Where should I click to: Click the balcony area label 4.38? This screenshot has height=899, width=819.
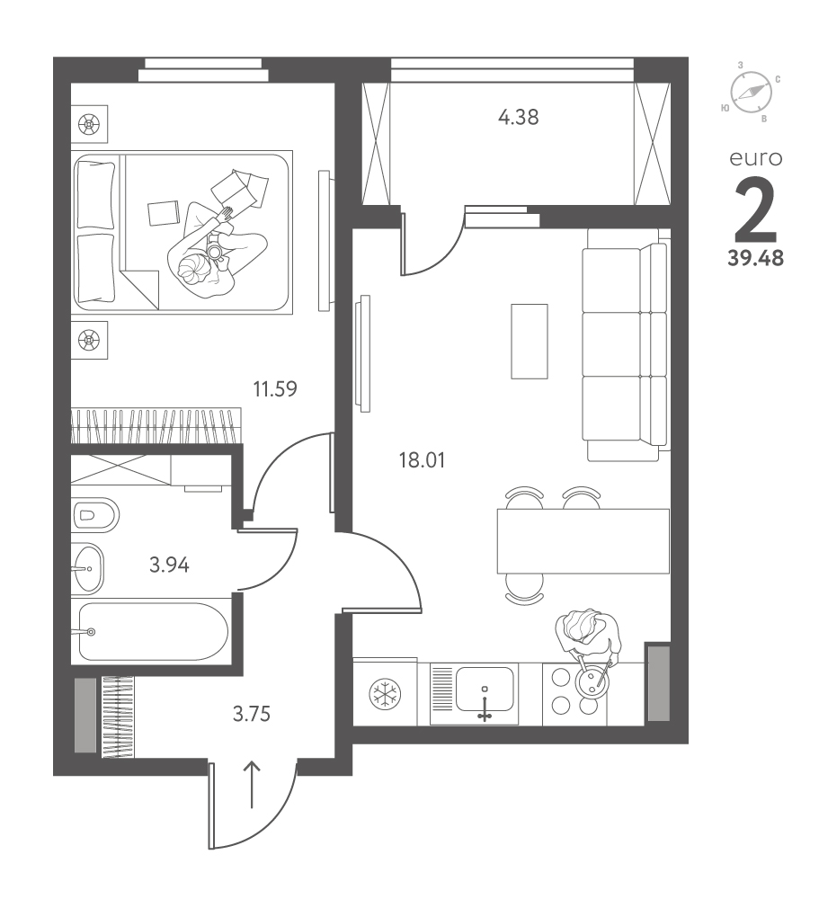tap(519, 118)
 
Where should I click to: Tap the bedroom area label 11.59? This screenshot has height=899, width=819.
tap(275, 389)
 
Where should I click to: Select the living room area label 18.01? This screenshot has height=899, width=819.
tap(423, 460)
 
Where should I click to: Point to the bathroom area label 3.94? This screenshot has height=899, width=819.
tap(169, 565)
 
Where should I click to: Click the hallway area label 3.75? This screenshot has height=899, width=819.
tap(251, 715)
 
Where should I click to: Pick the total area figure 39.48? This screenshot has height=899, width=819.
tap(755, 259)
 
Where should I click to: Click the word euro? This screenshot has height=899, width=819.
tap(756, 158)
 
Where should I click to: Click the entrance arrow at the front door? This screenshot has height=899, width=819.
tap(252, 785)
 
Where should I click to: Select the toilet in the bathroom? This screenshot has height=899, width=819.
tap(96, 515)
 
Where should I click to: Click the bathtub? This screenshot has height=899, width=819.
tap(153, 631)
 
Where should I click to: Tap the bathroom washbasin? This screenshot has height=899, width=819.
tap(88, 568)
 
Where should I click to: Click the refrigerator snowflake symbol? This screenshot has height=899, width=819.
tap(384, 694)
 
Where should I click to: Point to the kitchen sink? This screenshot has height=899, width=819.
tap(485, 690)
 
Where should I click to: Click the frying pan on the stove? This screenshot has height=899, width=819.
tap(592, 681)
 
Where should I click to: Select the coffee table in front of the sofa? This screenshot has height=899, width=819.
tap(530, 341)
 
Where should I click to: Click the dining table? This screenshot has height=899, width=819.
tap(583, 541)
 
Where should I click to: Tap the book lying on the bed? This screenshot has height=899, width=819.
tap(164, 213)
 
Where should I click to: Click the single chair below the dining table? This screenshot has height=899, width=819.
tap(525, 589)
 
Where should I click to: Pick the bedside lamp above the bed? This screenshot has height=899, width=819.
tap(90, 123)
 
